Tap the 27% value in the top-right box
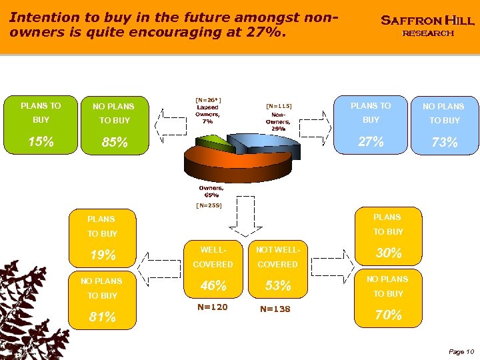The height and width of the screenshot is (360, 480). click(x=371, y=141)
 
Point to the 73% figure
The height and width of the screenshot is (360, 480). click(x=444, y=143)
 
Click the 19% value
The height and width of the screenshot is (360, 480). click(x=103, y=255)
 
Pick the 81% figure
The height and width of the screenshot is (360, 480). click(x=103, y=317)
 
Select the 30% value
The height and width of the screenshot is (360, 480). click(x=388, y=253)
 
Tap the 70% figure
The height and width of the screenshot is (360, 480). click(x=388, y=315)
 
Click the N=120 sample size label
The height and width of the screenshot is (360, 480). click(x=213, y=307)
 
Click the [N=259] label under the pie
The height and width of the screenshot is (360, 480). click(x=209, y=205)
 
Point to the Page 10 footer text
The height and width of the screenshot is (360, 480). click(x=461, y=351)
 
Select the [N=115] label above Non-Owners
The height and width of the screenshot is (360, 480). click(x=279, y=105)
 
